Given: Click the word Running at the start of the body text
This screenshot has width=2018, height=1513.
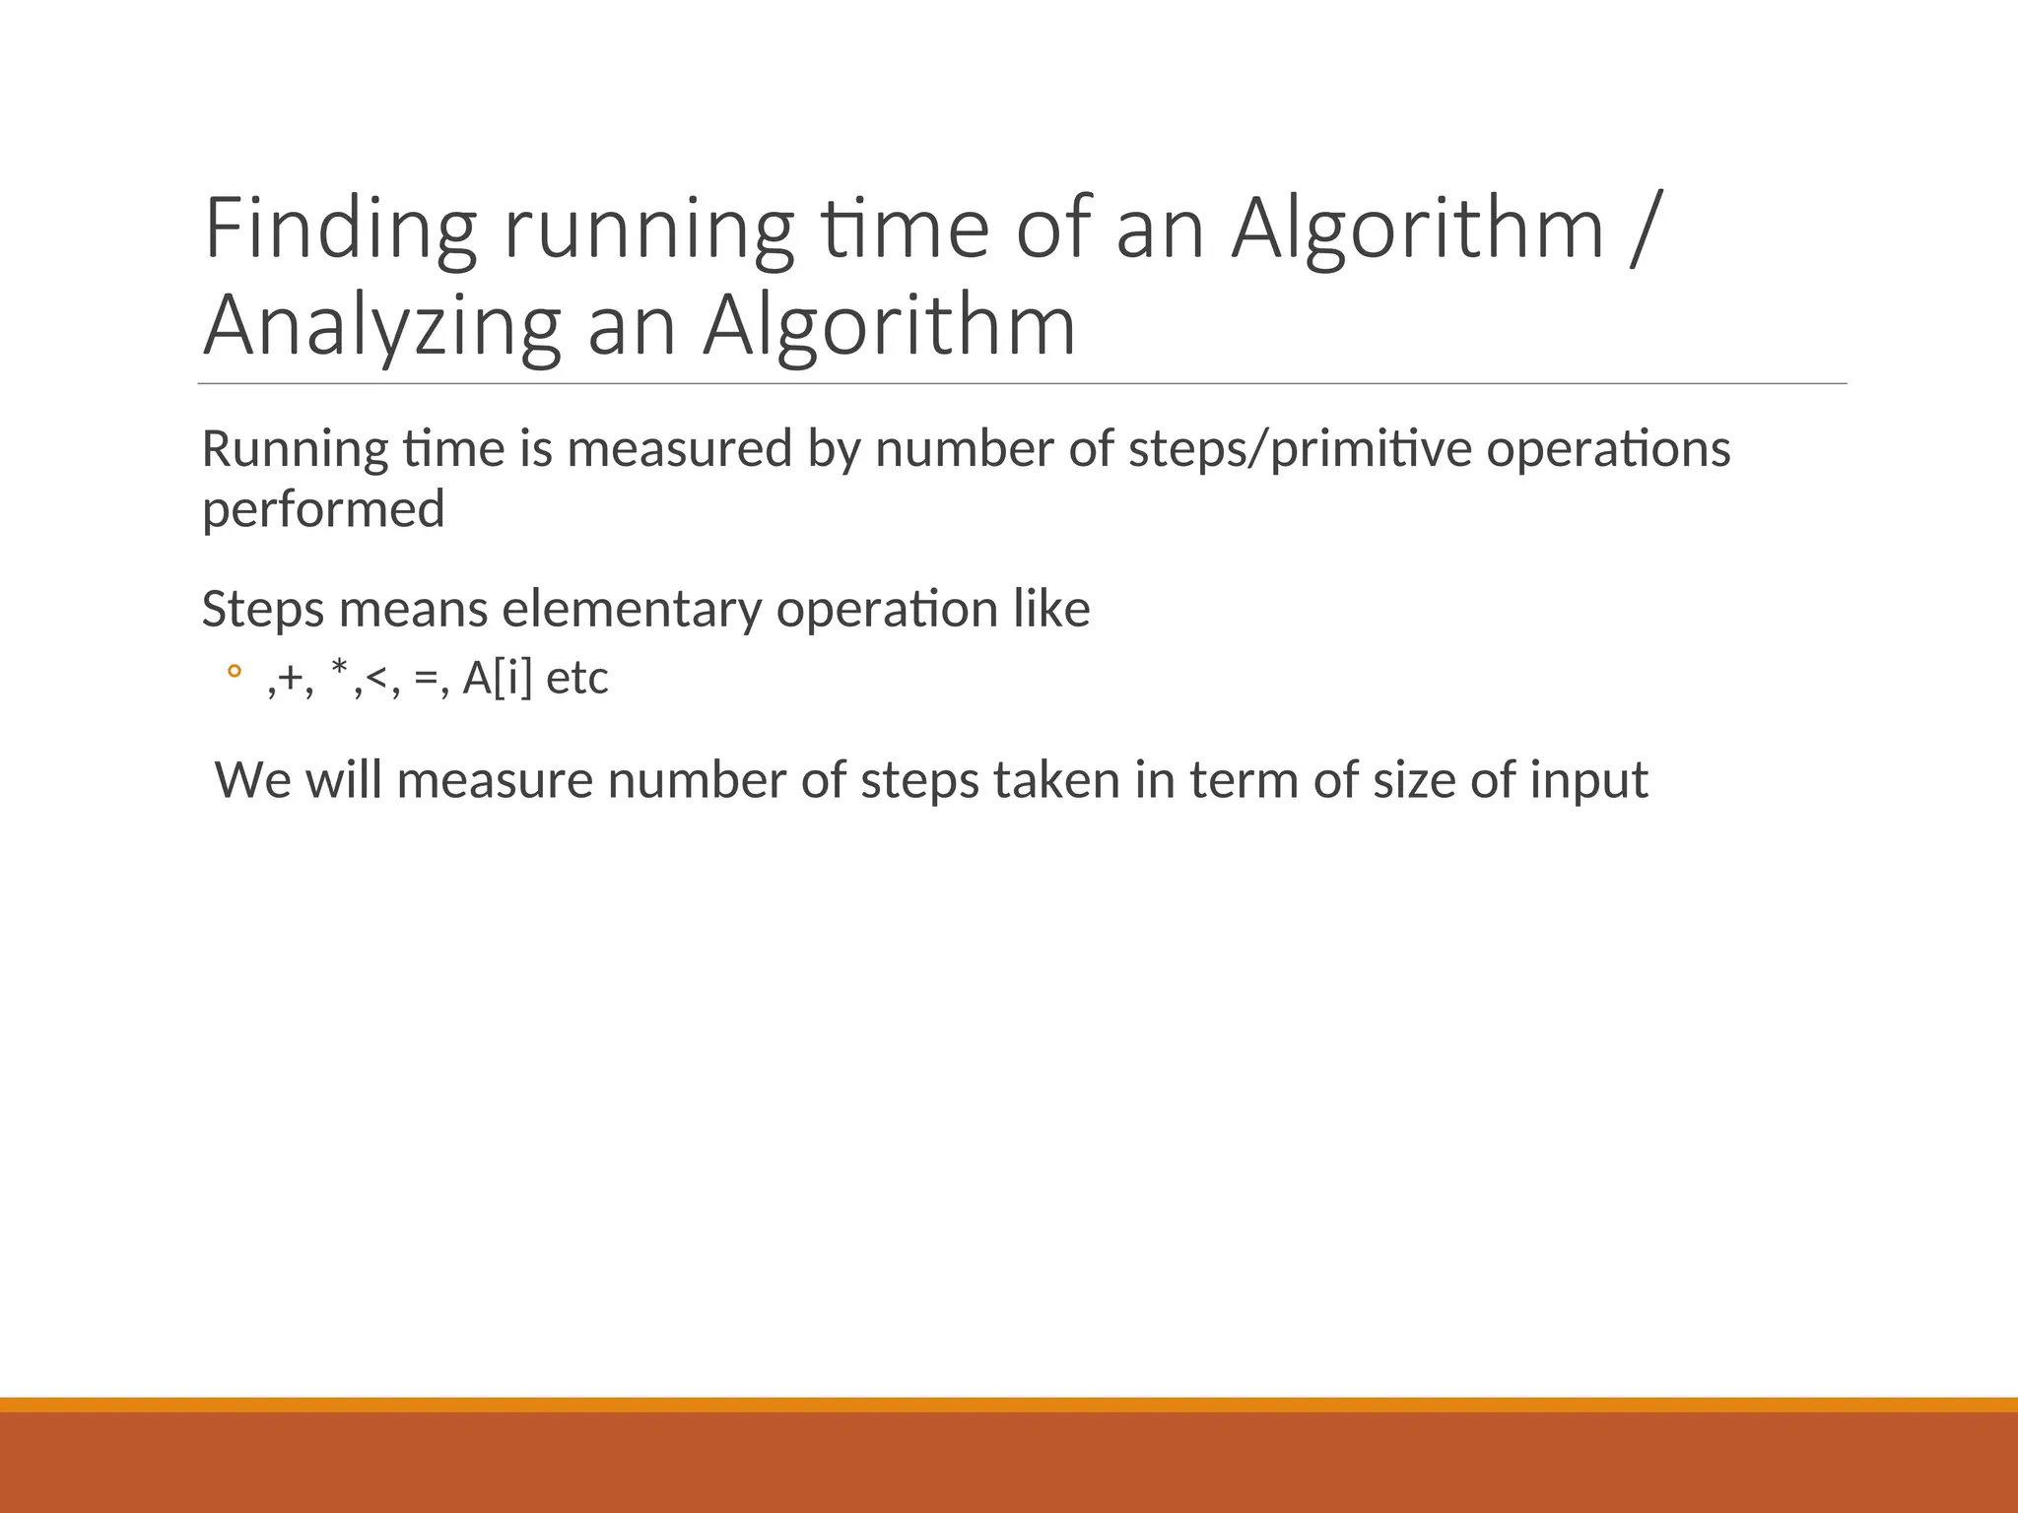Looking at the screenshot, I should (x=295, y=451).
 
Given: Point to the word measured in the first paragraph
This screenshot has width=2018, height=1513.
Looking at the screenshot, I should (x=680, y=449).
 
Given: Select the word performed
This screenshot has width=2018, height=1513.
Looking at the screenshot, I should (x=323, y=510).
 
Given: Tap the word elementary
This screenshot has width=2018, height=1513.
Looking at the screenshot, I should (x=631, y=610).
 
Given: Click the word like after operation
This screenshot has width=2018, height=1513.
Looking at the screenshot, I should (x=1051, y=608).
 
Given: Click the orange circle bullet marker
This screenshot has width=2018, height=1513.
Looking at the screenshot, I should (x=234, y=673).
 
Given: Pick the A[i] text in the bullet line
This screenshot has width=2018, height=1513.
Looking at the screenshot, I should (x=497, y=679).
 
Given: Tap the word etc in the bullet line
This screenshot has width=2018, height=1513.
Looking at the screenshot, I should (x=576, y=679).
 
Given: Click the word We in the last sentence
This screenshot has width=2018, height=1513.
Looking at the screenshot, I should (x=252, y=780).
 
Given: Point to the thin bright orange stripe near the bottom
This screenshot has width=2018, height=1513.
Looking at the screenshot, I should (x=1009, y=1405).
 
